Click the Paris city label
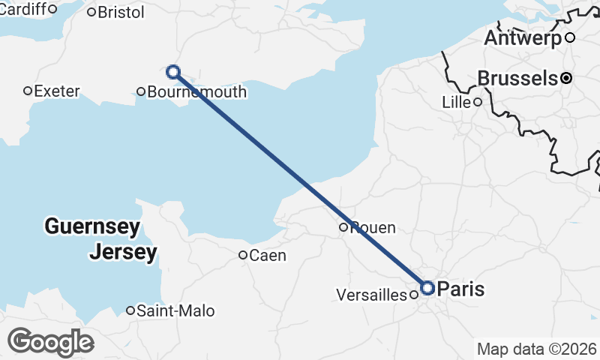(460, 289)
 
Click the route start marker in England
(173, 72)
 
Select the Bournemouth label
(197, 92)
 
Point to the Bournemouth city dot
(141, 92)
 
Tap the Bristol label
(121, 12)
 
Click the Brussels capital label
(517, 77)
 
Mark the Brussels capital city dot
(566, 77)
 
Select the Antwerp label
(523, 37)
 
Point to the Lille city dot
(477, 102)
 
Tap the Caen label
(268, 256)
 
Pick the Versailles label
(372, 295)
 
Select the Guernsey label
(91, 226)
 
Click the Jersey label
(123, 252)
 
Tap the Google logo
(50, 342)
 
